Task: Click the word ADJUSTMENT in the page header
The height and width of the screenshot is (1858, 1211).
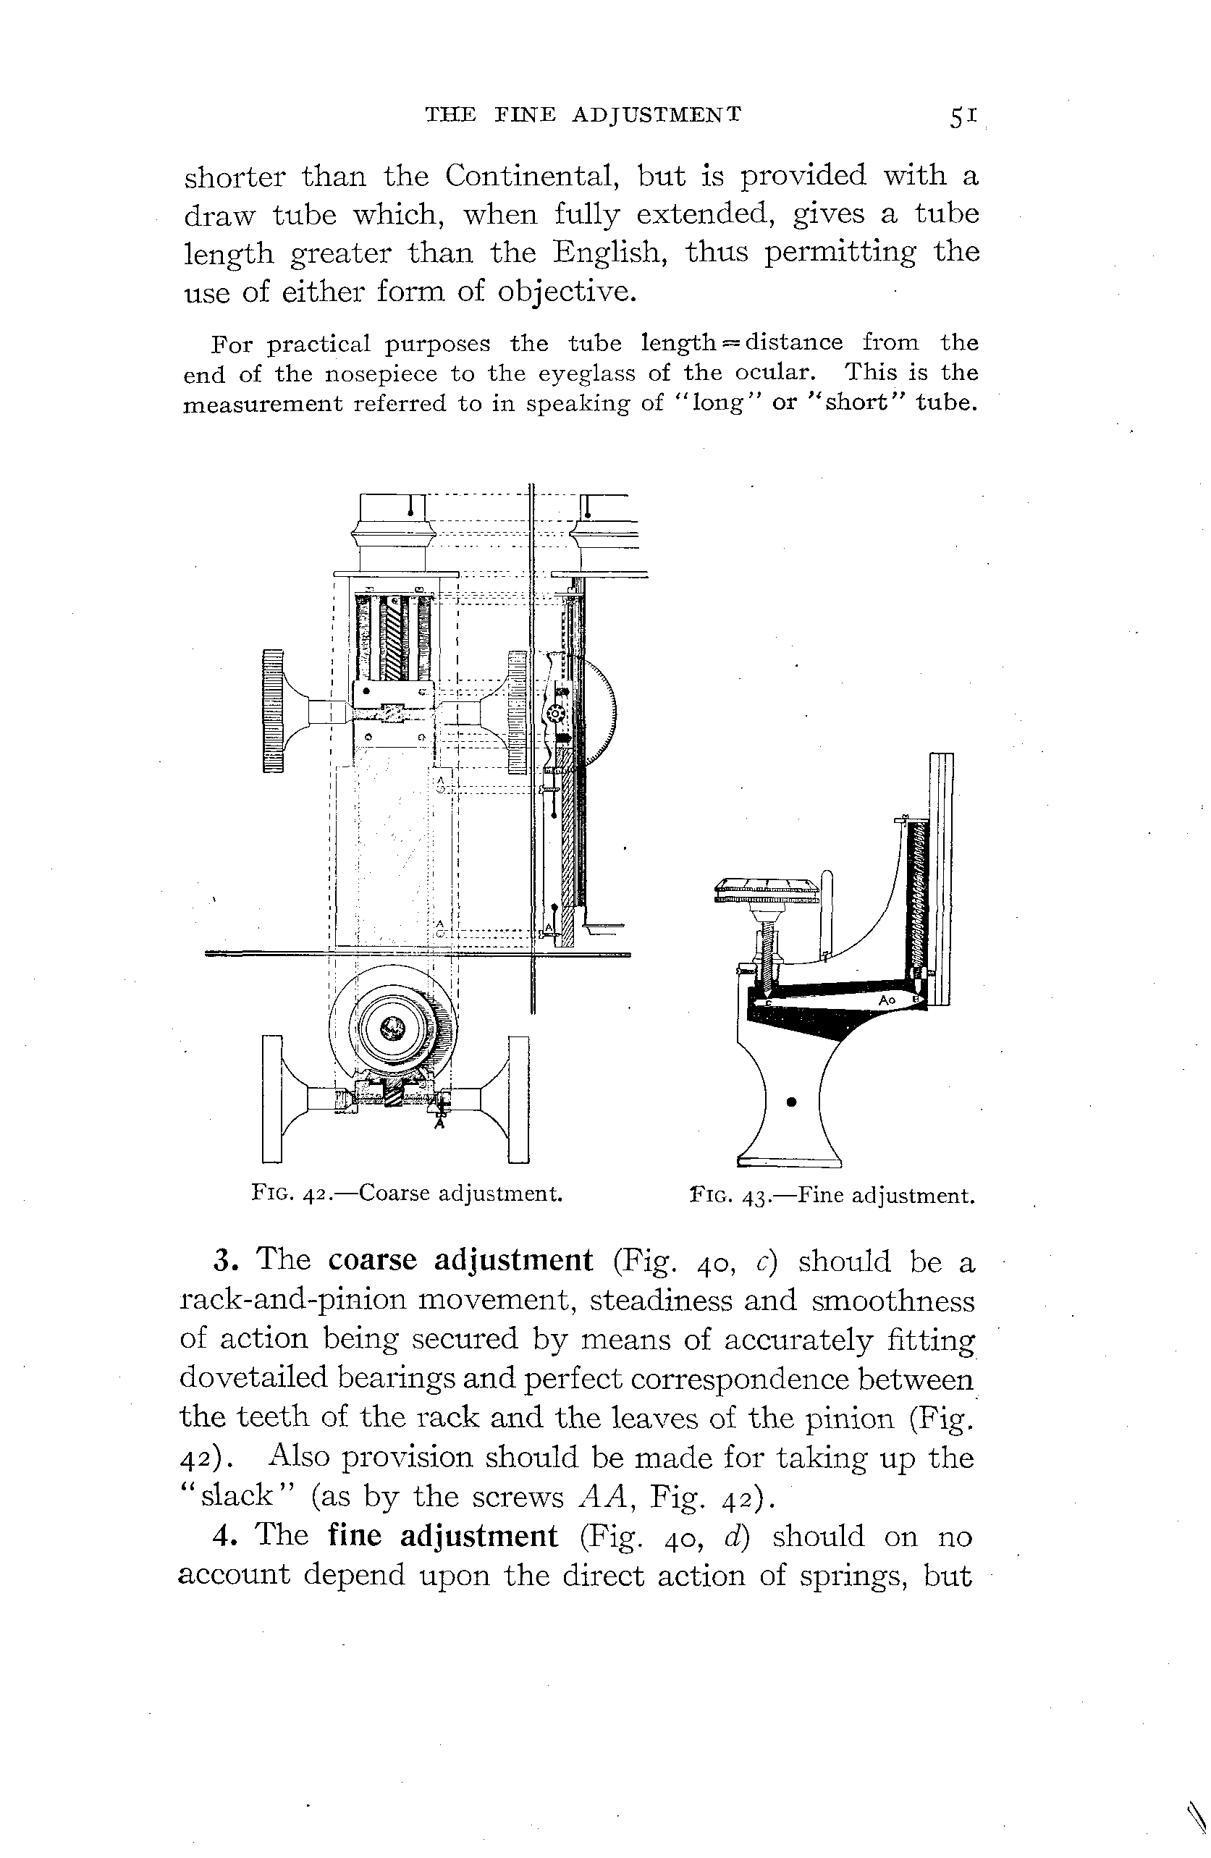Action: pyautogui.click(x=656, y=116)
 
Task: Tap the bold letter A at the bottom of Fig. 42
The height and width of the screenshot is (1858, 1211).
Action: pyautogui.click(x=439, y=1124)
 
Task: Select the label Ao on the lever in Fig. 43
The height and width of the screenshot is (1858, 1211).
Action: pyautogui.click(x=885, y=1000)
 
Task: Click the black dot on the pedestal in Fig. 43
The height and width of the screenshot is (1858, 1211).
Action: pyautogui.click(x=792, y=1102)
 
